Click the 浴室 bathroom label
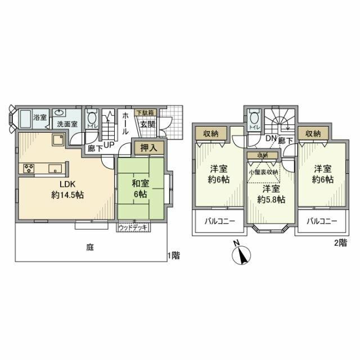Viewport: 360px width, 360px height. [40, 118]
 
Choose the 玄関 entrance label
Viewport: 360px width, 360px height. [148, 124]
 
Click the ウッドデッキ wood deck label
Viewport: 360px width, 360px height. [133, 228]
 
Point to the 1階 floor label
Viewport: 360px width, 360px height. [174, 255]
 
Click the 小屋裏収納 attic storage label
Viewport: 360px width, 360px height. [263, 172]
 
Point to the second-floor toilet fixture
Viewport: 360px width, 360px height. [254, 120]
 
